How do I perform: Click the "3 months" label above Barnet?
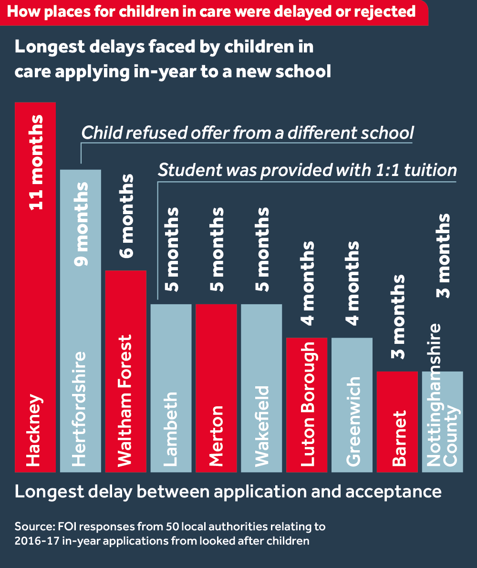(397, 317)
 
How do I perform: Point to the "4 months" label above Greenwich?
(352, 283)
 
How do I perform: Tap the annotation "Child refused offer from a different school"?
(247, 133)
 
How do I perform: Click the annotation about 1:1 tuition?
(307, 170)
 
